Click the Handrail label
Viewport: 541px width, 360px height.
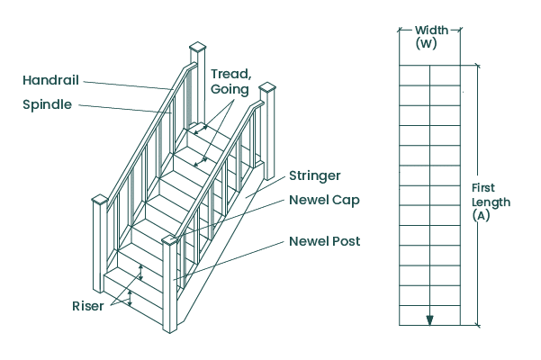click(x=50, y=80)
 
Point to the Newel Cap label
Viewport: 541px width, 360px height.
click(x=324, y=200)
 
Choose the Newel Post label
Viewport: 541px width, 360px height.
click(x=324, y=241)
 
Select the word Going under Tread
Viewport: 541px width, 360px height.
click(x=230, y=90)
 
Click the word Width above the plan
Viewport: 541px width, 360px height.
click(x=431, y=31)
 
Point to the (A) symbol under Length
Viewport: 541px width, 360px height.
click(x=491, y=217)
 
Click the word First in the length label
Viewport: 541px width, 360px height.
click(x=486, y=188)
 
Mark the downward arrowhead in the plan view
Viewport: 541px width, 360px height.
click(x=430, y=319)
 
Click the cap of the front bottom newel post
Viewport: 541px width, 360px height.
click(x=169, y=239)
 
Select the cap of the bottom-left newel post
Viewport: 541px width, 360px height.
click(x=99, y=199)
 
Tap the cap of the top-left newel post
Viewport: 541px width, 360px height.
click(x=198, y=47)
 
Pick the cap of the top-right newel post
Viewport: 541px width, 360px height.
click(x=267, y=88)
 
